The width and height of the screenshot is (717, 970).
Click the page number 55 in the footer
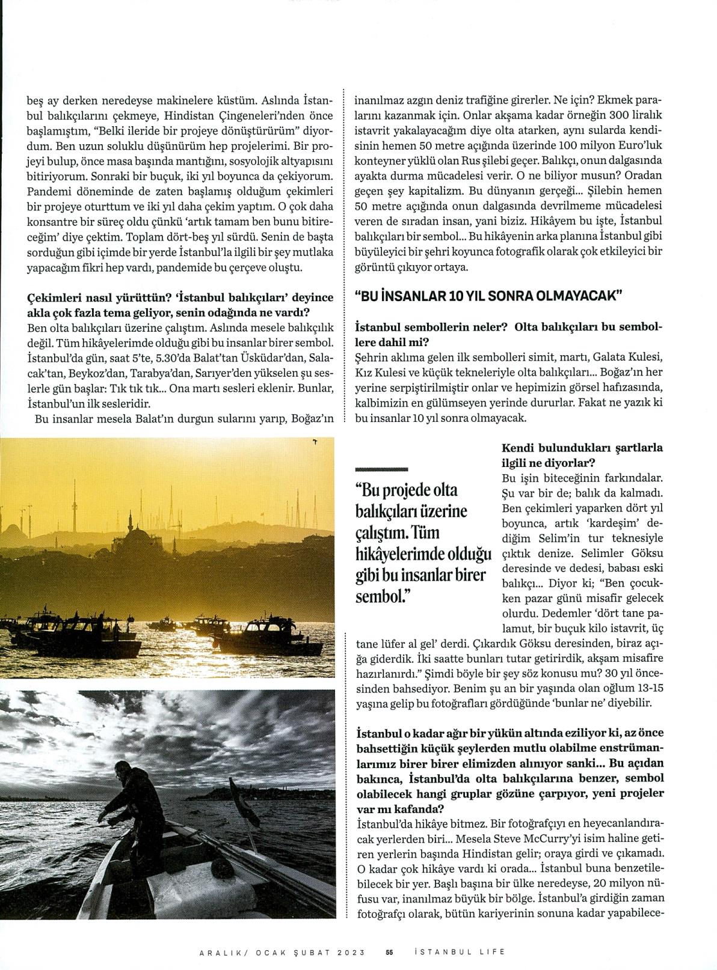tap(389, 951)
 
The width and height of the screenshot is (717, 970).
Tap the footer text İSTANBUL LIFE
tap(460, 951)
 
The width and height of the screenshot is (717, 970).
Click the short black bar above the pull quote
tap(382, 468)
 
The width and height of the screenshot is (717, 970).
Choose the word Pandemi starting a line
tap(48, 191)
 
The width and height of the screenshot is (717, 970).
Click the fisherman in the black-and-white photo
tap(138, 799)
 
